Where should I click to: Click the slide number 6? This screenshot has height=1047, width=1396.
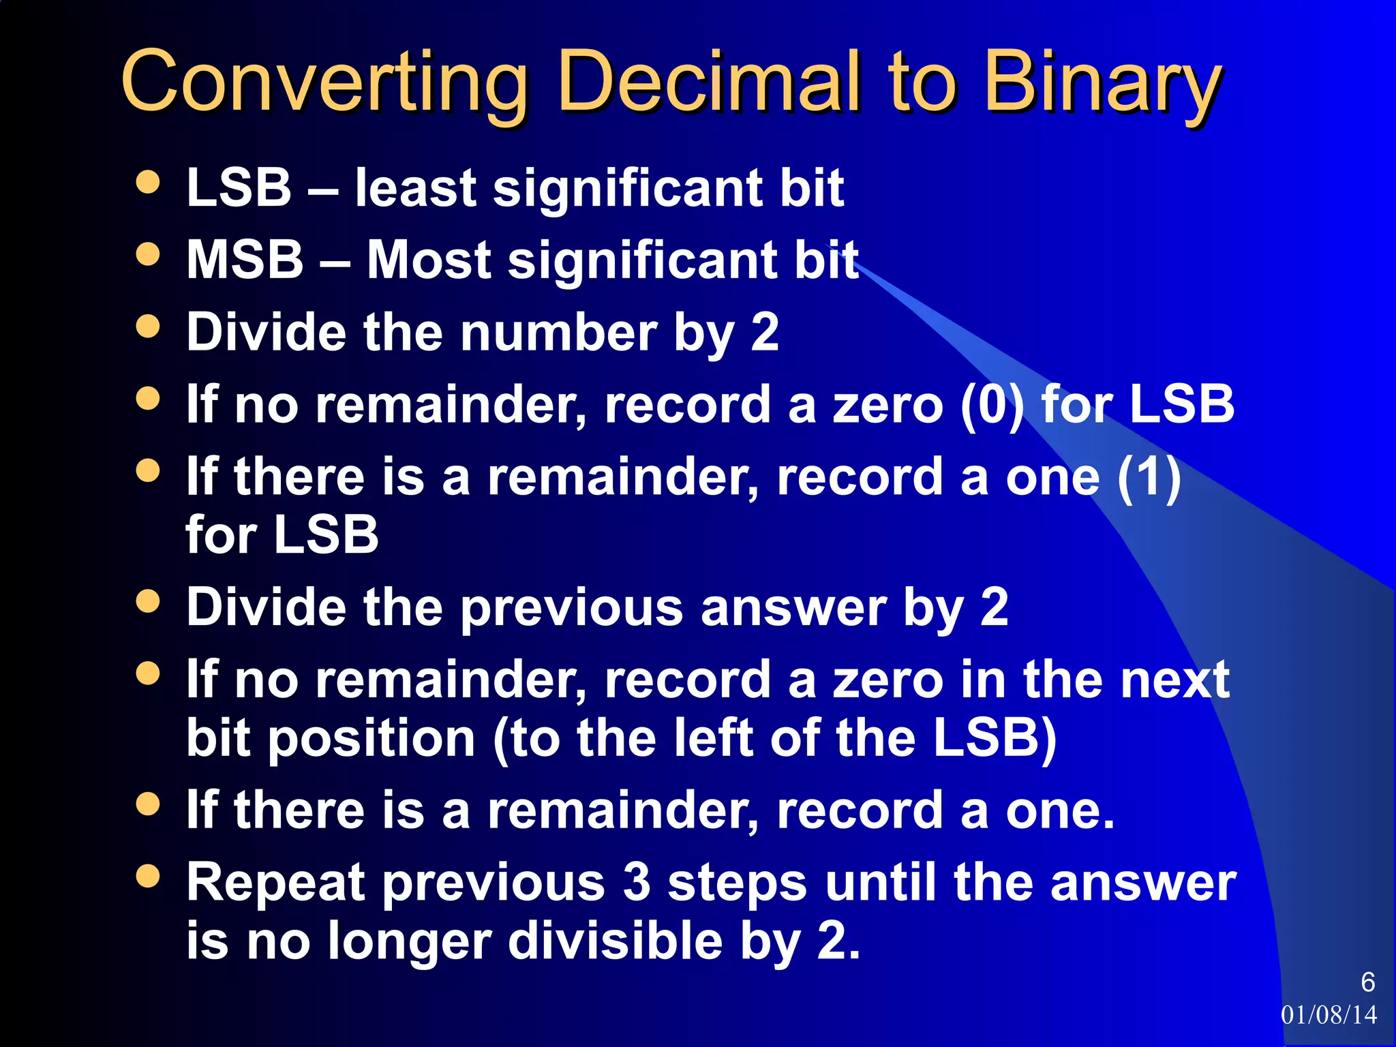pos(1367,982)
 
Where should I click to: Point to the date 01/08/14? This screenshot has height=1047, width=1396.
pos(1329,1015)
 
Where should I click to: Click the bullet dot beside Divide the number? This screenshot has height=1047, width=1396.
pos(148,326)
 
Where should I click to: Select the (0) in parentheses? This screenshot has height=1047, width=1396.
pos(992,405)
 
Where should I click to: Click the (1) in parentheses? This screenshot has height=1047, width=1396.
pos(1149,477)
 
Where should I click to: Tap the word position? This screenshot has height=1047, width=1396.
pos(371,739)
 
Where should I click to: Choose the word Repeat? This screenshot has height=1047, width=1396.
pos(277,883)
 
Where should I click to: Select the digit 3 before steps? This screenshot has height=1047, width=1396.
pos(637,882)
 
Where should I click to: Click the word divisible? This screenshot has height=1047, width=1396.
pos(616,941)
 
